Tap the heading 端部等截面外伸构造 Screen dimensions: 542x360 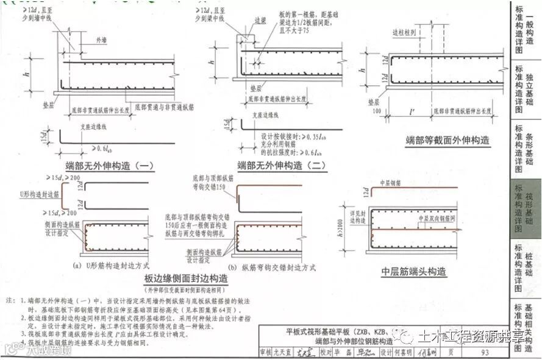tap(447, 140)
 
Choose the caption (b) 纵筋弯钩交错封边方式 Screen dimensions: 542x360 tap(271, 267)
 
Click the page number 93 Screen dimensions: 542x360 tap(485, 352)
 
